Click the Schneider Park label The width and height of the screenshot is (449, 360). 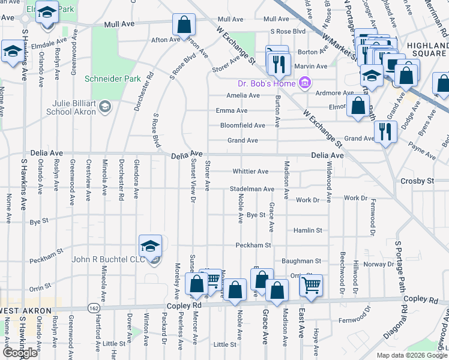coord(113,79)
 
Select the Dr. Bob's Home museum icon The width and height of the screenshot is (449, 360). coord(304,82)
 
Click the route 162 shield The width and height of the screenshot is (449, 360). coord(94,307)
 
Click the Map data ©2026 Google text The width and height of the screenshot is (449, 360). coord(411,355)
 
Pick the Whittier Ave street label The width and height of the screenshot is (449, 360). coord(250,172)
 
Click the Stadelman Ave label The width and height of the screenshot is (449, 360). coord(252,189)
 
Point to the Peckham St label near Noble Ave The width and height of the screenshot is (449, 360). coord(253,245)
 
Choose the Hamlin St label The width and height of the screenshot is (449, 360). coord(308,230)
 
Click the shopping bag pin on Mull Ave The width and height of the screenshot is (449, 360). coord(184,25)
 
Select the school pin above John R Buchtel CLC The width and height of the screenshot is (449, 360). coord(150,245)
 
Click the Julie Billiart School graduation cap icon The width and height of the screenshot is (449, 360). coord(105,107)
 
